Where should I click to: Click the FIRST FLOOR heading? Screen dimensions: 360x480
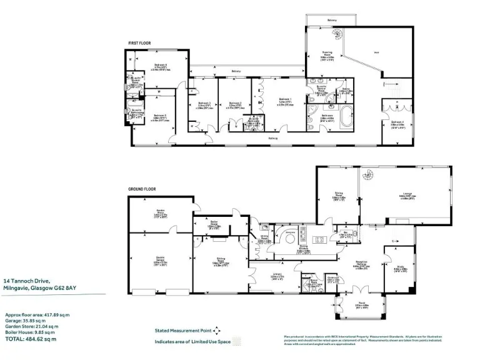pos(139,42)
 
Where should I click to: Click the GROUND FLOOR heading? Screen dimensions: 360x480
pos(141,188)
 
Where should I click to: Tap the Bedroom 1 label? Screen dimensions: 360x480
pos(284,100)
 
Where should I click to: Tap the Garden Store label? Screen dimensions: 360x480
pos(160,213)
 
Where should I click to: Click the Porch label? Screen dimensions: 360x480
pos(362,305)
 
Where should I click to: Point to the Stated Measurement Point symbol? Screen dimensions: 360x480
pos(217,330)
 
